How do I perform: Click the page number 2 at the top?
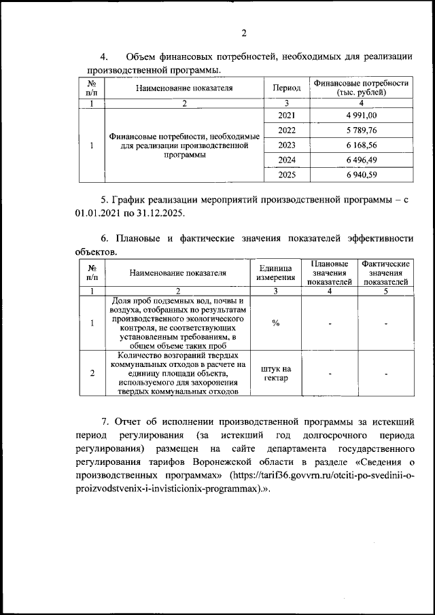[244, 33]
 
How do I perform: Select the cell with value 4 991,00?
[361, 116]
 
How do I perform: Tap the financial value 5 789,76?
[361, 130]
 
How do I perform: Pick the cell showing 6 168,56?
[361, 145]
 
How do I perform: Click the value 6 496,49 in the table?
[361, 160]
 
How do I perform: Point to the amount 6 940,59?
[361, 175]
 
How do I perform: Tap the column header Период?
[286, 88]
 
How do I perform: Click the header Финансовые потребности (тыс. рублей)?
[361, 88]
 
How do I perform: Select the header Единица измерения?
[275, 273]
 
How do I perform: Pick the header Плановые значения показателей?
[329, 273]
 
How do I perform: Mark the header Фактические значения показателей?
[385, 273]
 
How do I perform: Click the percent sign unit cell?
[275, 323]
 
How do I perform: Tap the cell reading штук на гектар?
[275, 373]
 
